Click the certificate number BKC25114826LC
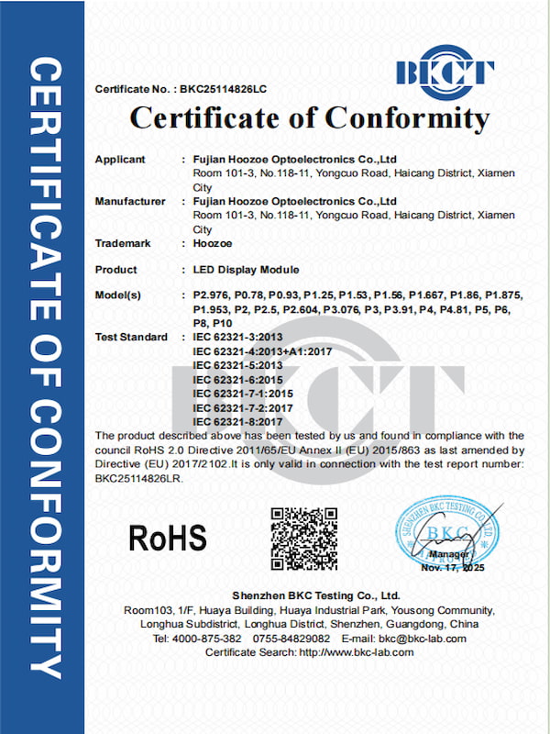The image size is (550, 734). tap(221, 90)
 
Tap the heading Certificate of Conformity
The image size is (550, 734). tap(310, 118)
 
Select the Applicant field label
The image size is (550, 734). tap(120, 160)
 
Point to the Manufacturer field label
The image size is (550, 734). tap(130, 201)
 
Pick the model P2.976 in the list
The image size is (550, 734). tap(212, 296)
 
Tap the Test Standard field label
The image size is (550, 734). tap(130, 338)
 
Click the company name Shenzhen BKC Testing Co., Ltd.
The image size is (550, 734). tap(315, 595)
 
